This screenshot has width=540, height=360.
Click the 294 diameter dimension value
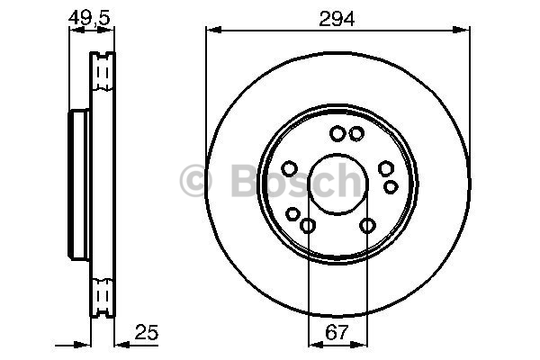click(x=337, y=19)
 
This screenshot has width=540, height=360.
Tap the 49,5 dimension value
click(x=89, y=18)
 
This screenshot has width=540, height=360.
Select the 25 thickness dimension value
click(x=147, y=332)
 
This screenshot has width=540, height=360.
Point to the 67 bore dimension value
click(x=337, y=332)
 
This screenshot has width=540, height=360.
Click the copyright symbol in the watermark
click(x=195, y=181)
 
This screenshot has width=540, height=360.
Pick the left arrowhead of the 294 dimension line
click(x=213, y=30)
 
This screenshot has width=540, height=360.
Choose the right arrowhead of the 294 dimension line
click(x=461, y=30)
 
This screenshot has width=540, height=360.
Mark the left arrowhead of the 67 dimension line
click(x=316, y=344)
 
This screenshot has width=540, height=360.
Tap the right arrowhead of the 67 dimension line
click(x=359, y=344)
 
